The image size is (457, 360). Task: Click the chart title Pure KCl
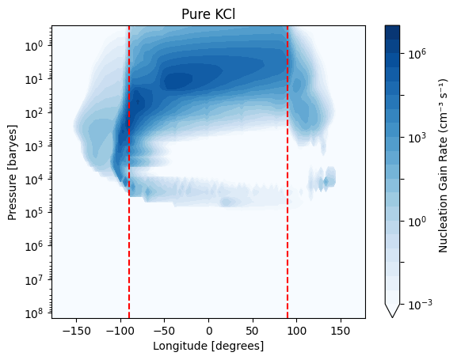(208, 14)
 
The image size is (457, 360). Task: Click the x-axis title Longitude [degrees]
(208, 346)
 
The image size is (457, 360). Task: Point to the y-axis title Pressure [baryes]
(12, 172)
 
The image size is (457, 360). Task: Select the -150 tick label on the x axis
(76, 332)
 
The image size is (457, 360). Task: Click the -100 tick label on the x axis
(120, 332)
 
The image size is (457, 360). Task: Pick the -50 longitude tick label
(165, 332)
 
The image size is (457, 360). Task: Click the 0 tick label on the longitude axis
(208, 332)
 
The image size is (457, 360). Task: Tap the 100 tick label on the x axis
(297, 332)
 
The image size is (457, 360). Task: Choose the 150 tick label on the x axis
(341, 332)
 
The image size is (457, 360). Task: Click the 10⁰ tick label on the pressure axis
(34, 46)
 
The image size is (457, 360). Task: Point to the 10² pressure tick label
(34, 112)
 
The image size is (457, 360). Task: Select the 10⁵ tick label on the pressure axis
(34, 213)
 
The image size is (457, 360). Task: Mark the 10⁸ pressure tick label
(34, 313)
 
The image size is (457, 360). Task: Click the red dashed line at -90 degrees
(129, 172)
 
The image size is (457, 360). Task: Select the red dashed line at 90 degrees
(288, 172)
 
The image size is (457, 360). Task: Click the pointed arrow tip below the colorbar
(392, 317)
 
